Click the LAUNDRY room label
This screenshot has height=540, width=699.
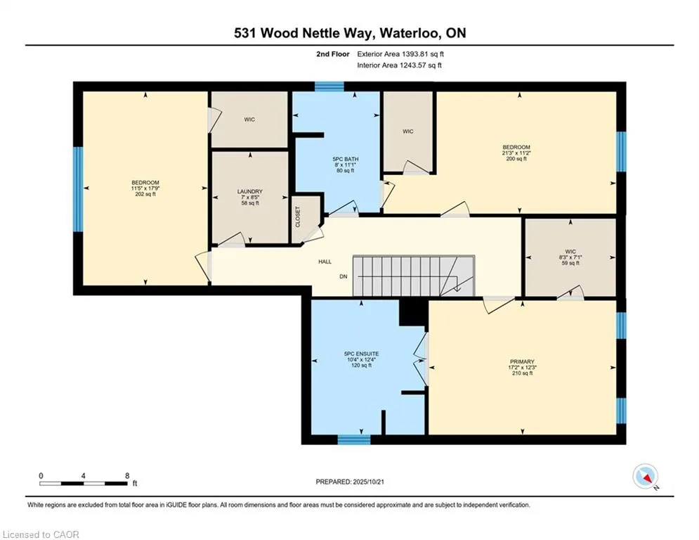(250, 191)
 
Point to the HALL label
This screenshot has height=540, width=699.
(325, 262)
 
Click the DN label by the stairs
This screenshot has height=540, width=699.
(344, 277)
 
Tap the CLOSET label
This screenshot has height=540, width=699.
(297, 217)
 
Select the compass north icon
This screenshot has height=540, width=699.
(644, 477)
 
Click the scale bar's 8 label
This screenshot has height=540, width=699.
(126, 476)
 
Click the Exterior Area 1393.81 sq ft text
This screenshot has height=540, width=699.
(400, 53)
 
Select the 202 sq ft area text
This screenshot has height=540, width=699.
(145, 195)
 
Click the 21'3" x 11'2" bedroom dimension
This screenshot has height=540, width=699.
(516, 153)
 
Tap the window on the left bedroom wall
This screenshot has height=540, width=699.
(78, 189)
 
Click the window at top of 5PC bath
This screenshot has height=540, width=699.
(329, 86)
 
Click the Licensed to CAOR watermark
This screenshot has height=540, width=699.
(41, 534)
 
